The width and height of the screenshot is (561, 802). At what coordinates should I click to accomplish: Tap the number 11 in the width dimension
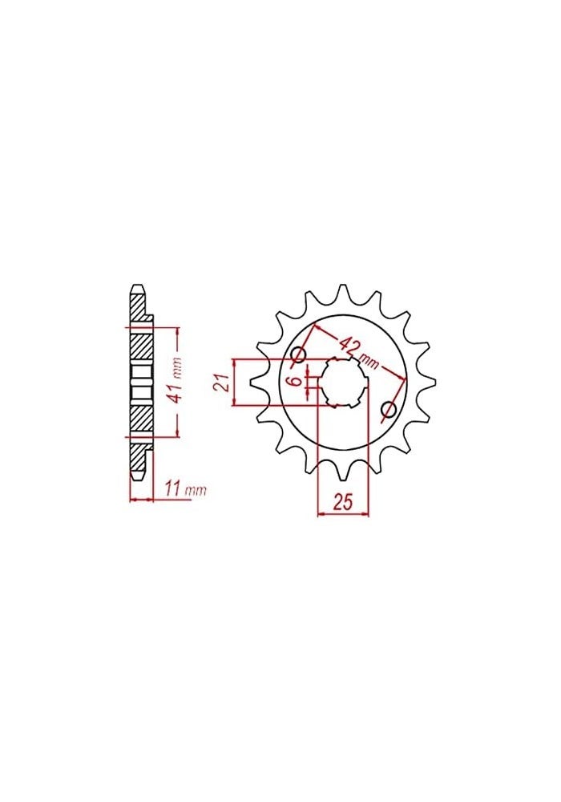click(172, 488)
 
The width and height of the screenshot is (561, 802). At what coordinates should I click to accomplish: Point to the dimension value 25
click(342, 504)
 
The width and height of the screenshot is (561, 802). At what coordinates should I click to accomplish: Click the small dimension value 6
click(295, 382)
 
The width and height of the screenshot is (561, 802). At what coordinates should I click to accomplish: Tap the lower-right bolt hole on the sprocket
click(389, 411)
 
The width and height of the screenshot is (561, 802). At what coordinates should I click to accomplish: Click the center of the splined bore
click(344, 383)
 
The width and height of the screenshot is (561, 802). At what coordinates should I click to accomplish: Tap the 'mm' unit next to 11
click(196, 489)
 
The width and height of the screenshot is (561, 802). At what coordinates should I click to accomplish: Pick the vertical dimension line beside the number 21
click(233, 382)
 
